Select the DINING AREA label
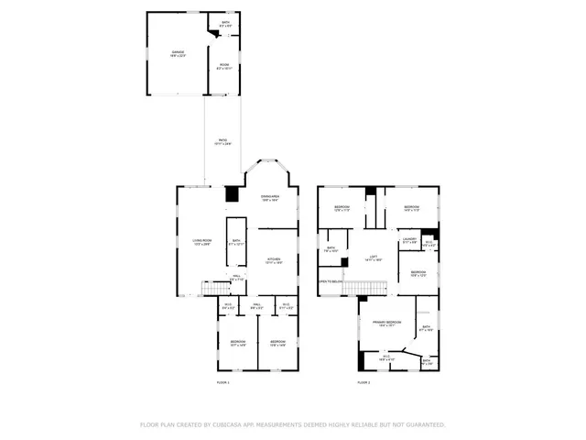[269, 198]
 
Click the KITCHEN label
[273, 260]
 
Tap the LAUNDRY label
[408, 240]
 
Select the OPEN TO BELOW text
[330, 282]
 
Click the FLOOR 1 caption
[222, 381]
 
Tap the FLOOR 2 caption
[364, 381]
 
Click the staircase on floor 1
[212, 290]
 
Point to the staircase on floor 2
[364, 289]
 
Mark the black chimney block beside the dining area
[232, 194]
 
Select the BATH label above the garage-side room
[225, 23]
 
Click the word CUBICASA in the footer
[222, 424]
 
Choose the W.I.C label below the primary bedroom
[386, 357]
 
